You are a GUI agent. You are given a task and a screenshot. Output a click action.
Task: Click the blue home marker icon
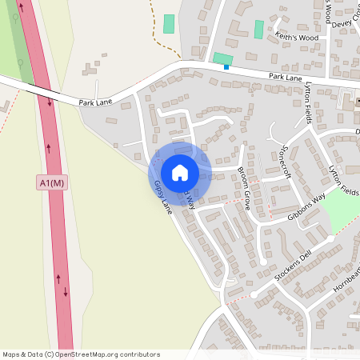pyautogui.click(x=180, y=173)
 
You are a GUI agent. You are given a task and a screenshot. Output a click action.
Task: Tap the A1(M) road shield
pyautogui.click(x=53, y=183)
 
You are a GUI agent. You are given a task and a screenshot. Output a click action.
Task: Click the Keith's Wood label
pyautogui.click(x=295, y=38)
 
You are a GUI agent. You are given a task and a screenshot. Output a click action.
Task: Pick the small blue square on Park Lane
pyautogui.click(x=226, y=67)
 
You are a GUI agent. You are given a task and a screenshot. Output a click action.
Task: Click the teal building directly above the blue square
pyautogui.click(x=222, y=58)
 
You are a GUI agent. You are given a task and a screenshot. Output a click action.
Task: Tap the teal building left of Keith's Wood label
pyautogui.click(x=258, y=29)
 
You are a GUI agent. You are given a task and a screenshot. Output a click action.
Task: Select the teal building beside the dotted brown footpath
pyautogui.click(x=169, y=23)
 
